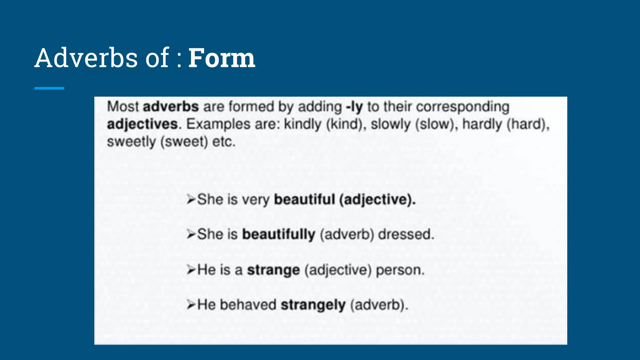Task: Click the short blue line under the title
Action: pyautogui.click(x=49, y=88)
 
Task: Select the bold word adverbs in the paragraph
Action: pyautogui.click(x=171, y=107)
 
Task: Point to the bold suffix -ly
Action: pyautogui.click(x=354, y=107)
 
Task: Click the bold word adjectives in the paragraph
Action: pyautogui.click(x=142, y=124)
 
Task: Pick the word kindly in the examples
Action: pyautogui.click(x=302, y=124)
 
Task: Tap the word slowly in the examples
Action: pyautogui.click(x=390, y=124)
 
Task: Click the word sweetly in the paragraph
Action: pyautogui.click(x=131, y=142)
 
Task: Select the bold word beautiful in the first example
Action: pyautogui.click(x=304, y=199)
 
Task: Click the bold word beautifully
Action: pyautogui.click(x=279, y=234)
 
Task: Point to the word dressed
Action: pyautogui.click(x=406, y=234)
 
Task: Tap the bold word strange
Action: pyautogui.click(x=273, y=270)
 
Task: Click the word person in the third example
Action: pyautogui.click(x=400, y=270)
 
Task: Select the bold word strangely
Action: pyautogui.click(x=313, y=305)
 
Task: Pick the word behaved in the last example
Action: pyautogui.click(x=248, y=305)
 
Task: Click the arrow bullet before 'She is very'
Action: pyautogui.click(x=191, y=199)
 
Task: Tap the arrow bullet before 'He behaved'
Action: pyautogui.click(x=191, y=304)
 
